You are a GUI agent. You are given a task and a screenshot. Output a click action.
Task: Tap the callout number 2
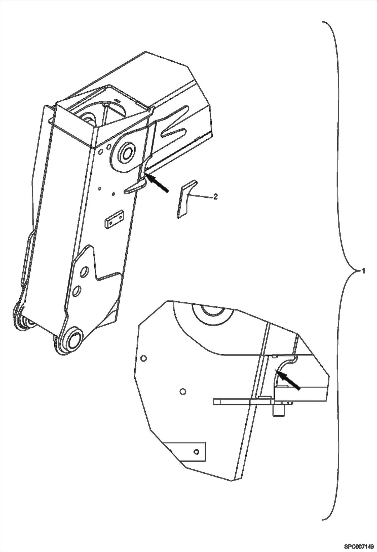[x=215, y=196]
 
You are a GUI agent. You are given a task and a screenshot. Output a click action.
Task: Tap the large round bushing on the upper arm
[x=126, y=153]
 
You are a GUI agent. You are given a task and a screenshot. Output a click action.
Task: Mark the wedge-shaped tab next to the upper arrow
[x=135, y=186]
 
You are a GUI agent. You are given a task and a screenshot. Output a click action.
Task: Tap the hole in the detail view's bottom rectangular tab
[x=197, y=452]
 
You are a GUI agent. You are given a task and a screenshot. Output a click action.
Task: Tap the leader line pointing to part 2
[x=201, y=196]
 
